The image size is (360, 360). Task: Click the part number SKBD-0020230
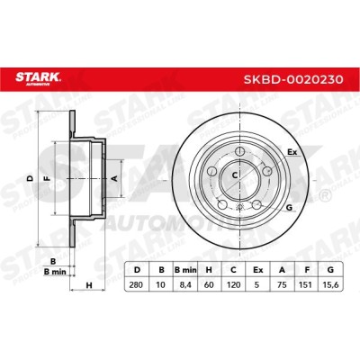[293, 79]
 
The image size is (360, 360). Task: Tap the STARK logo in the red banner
[38, 78]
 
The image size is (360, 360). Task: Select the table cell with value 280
[137, 284]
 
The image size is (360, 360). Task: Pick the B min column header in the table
[185, 270]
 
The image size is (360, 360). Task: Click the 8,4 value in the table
[185, 284]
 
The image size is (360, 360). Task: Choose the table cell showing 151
[307, 284]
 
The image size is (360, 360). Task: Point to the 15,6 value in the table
[331, 284]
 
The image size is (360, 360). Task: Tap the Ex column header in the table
[257, 270]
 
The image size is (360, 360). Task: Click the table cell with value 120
[233, 284]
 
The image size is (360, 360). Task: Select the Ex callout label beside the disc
[292, 152]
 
